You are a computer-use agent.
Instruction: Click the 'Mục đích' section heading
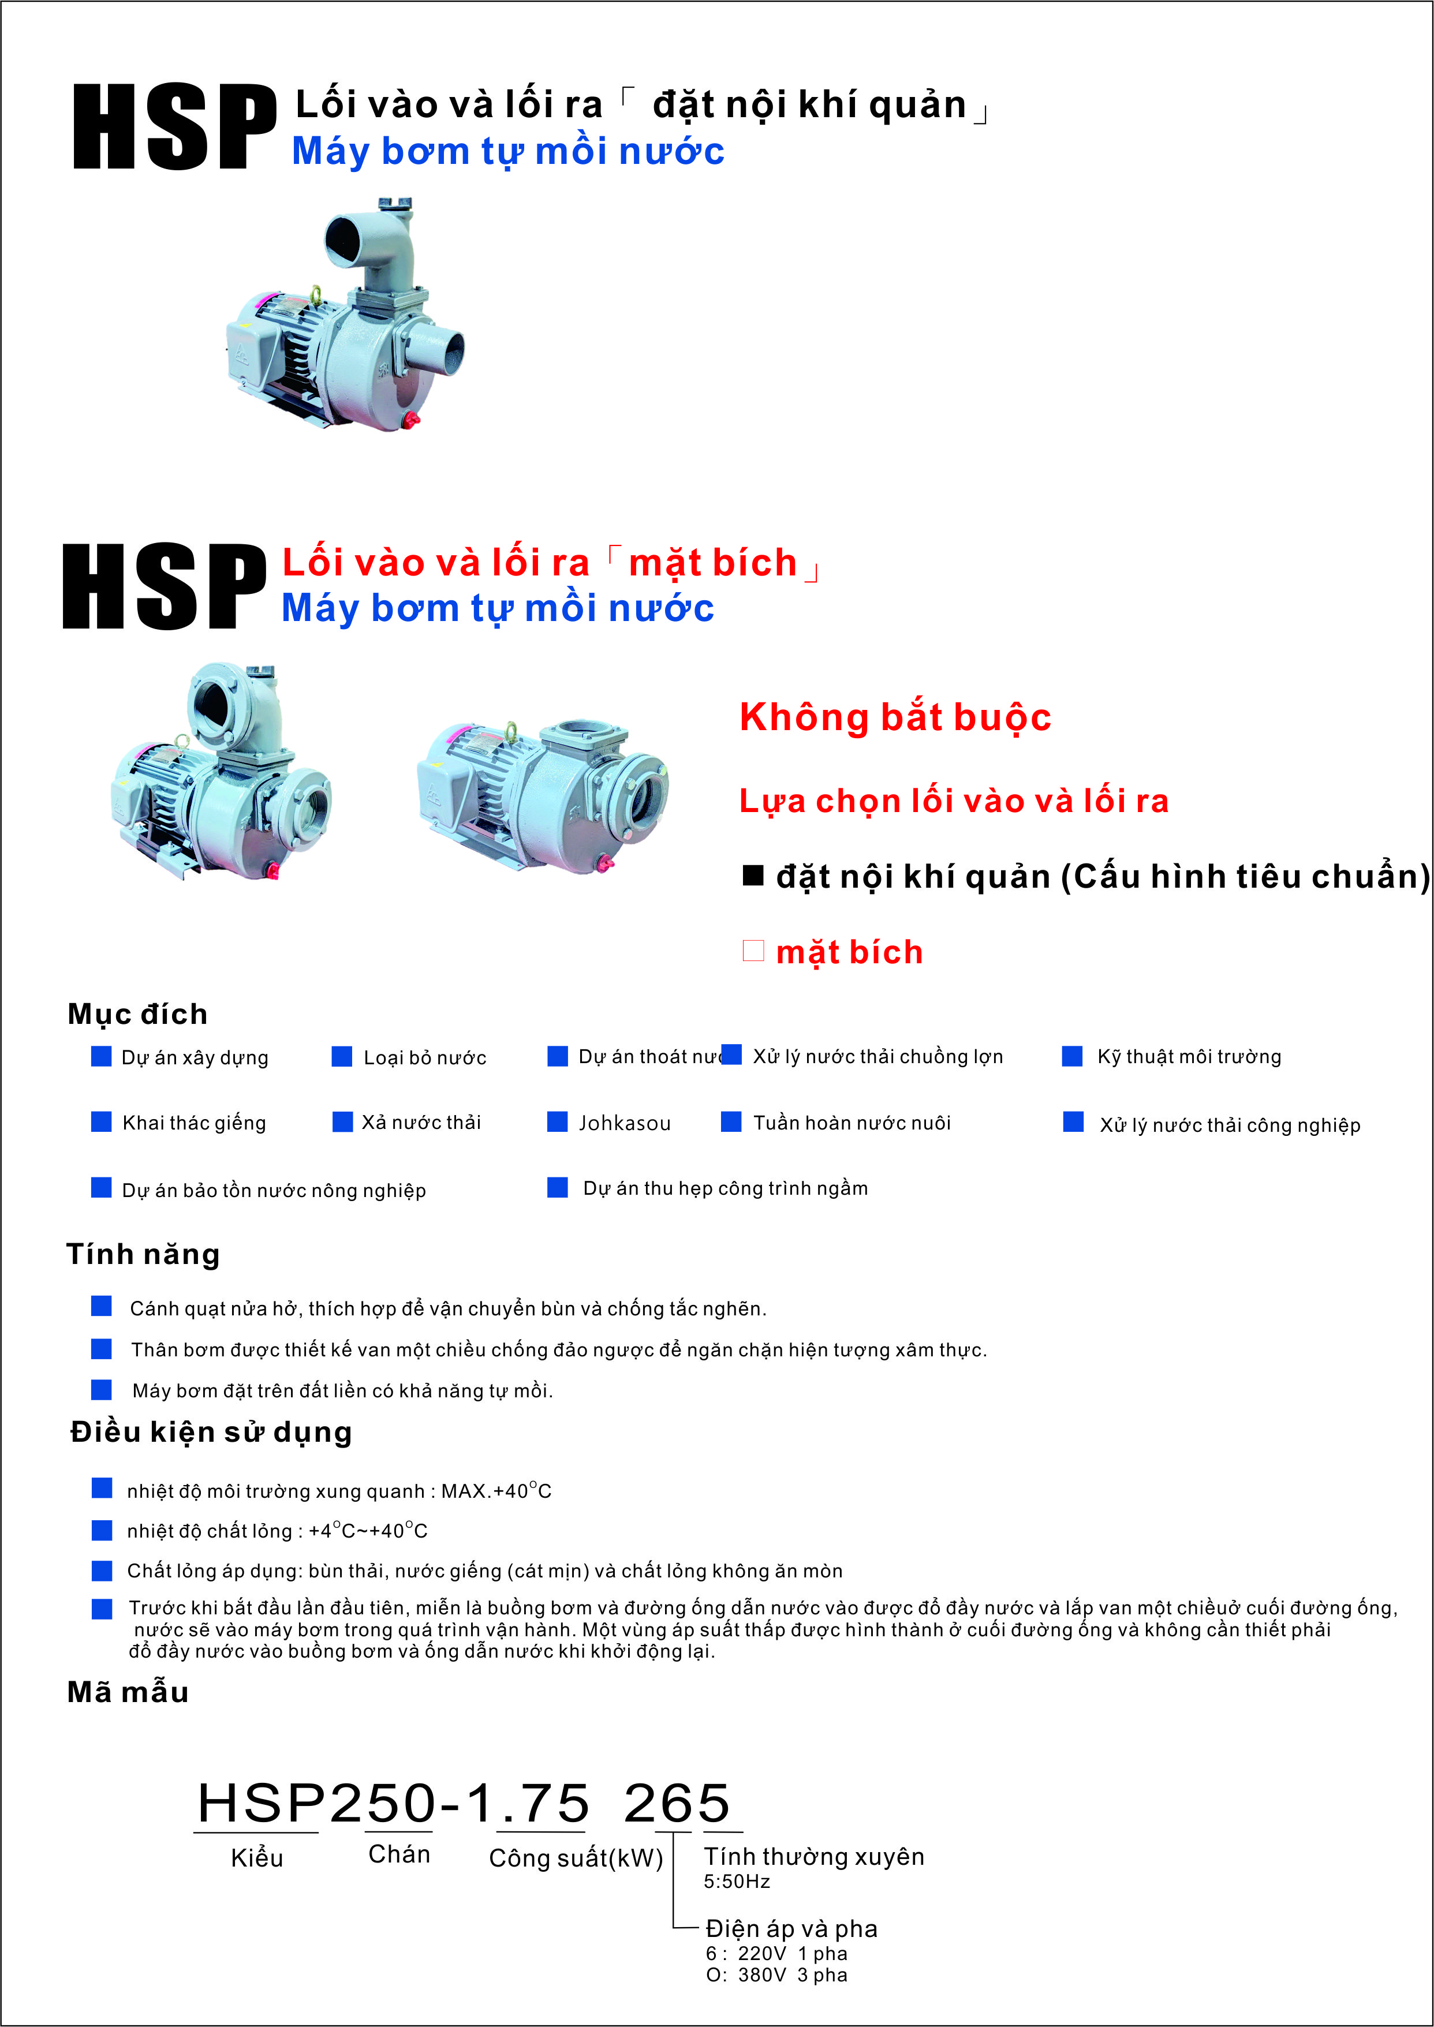138,1014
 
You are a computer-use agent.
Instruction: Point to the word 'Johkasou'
624,1123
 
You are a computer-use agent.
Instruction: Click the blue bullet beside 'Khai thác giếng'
102,1121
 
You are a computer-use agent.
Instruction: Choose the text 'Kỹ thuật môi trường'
1189,1057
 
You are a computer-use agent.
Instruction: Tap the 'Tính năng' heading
143,1254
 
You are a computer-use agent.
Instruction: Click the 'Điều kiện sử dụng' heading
211,1431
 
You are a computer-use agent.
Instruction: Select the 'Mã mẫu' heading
128,1692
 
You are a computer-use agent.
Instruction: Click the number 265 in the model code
677,1802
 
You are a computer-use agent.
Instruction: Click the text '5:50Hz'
737,1882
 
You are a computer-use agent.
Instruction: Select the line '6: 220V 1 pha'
776,1954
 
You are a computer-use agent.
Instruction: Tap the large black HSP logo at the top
174,126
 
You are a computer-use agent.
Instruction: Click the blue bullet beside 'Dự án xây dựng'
102,1056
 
